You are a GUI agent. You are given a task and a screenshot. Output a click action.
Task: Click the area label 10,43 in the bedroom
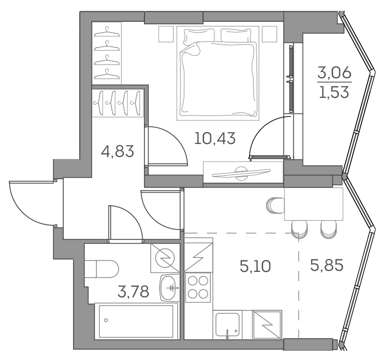pos(215,138)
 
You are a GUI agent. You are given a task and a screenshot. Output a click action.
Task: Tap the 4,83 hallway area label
pos(118,151)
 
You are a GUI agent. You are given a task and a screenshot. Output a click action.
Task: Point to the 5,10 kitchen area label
pos(255,266)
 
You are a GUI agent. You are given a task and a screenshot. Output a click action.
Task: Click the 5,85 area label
pos(327,266)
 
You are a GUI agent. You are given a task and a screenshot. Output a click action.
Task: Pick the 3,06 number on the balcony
pos(335,73)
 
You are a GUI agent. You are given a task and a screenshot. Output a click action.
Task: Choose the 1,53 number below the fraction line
pos(334,92)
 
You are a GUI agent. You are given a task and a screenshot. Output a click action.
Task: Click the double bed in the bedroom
pos(218,73)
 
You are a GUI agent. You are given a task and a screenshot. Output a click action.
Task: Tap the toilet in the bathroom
pos(102,269)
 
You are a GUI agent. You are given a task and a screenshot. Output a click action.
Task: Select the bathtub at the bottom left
pos(136,321)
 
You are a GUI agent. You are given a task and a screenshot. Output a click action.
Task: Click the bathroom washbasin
pos(170,288)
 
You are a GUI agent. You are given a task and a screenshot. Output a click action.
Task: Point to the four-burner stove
pos(198,287)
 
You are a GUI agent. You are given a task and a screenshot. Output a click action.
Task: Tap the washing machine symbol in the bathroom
pos(165,258)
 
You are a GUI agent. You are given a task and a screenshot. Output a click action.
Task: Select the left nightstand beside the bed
pos(166,34)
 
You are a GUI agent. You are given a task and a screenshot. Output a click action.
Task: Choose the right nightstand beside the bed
pos(269,34)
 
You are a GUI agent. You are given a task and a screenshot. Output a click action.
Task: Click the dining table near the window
pos(314,204)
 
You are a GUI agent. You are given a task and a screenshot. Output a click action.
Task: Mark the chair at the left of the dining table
pos(276,205)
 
